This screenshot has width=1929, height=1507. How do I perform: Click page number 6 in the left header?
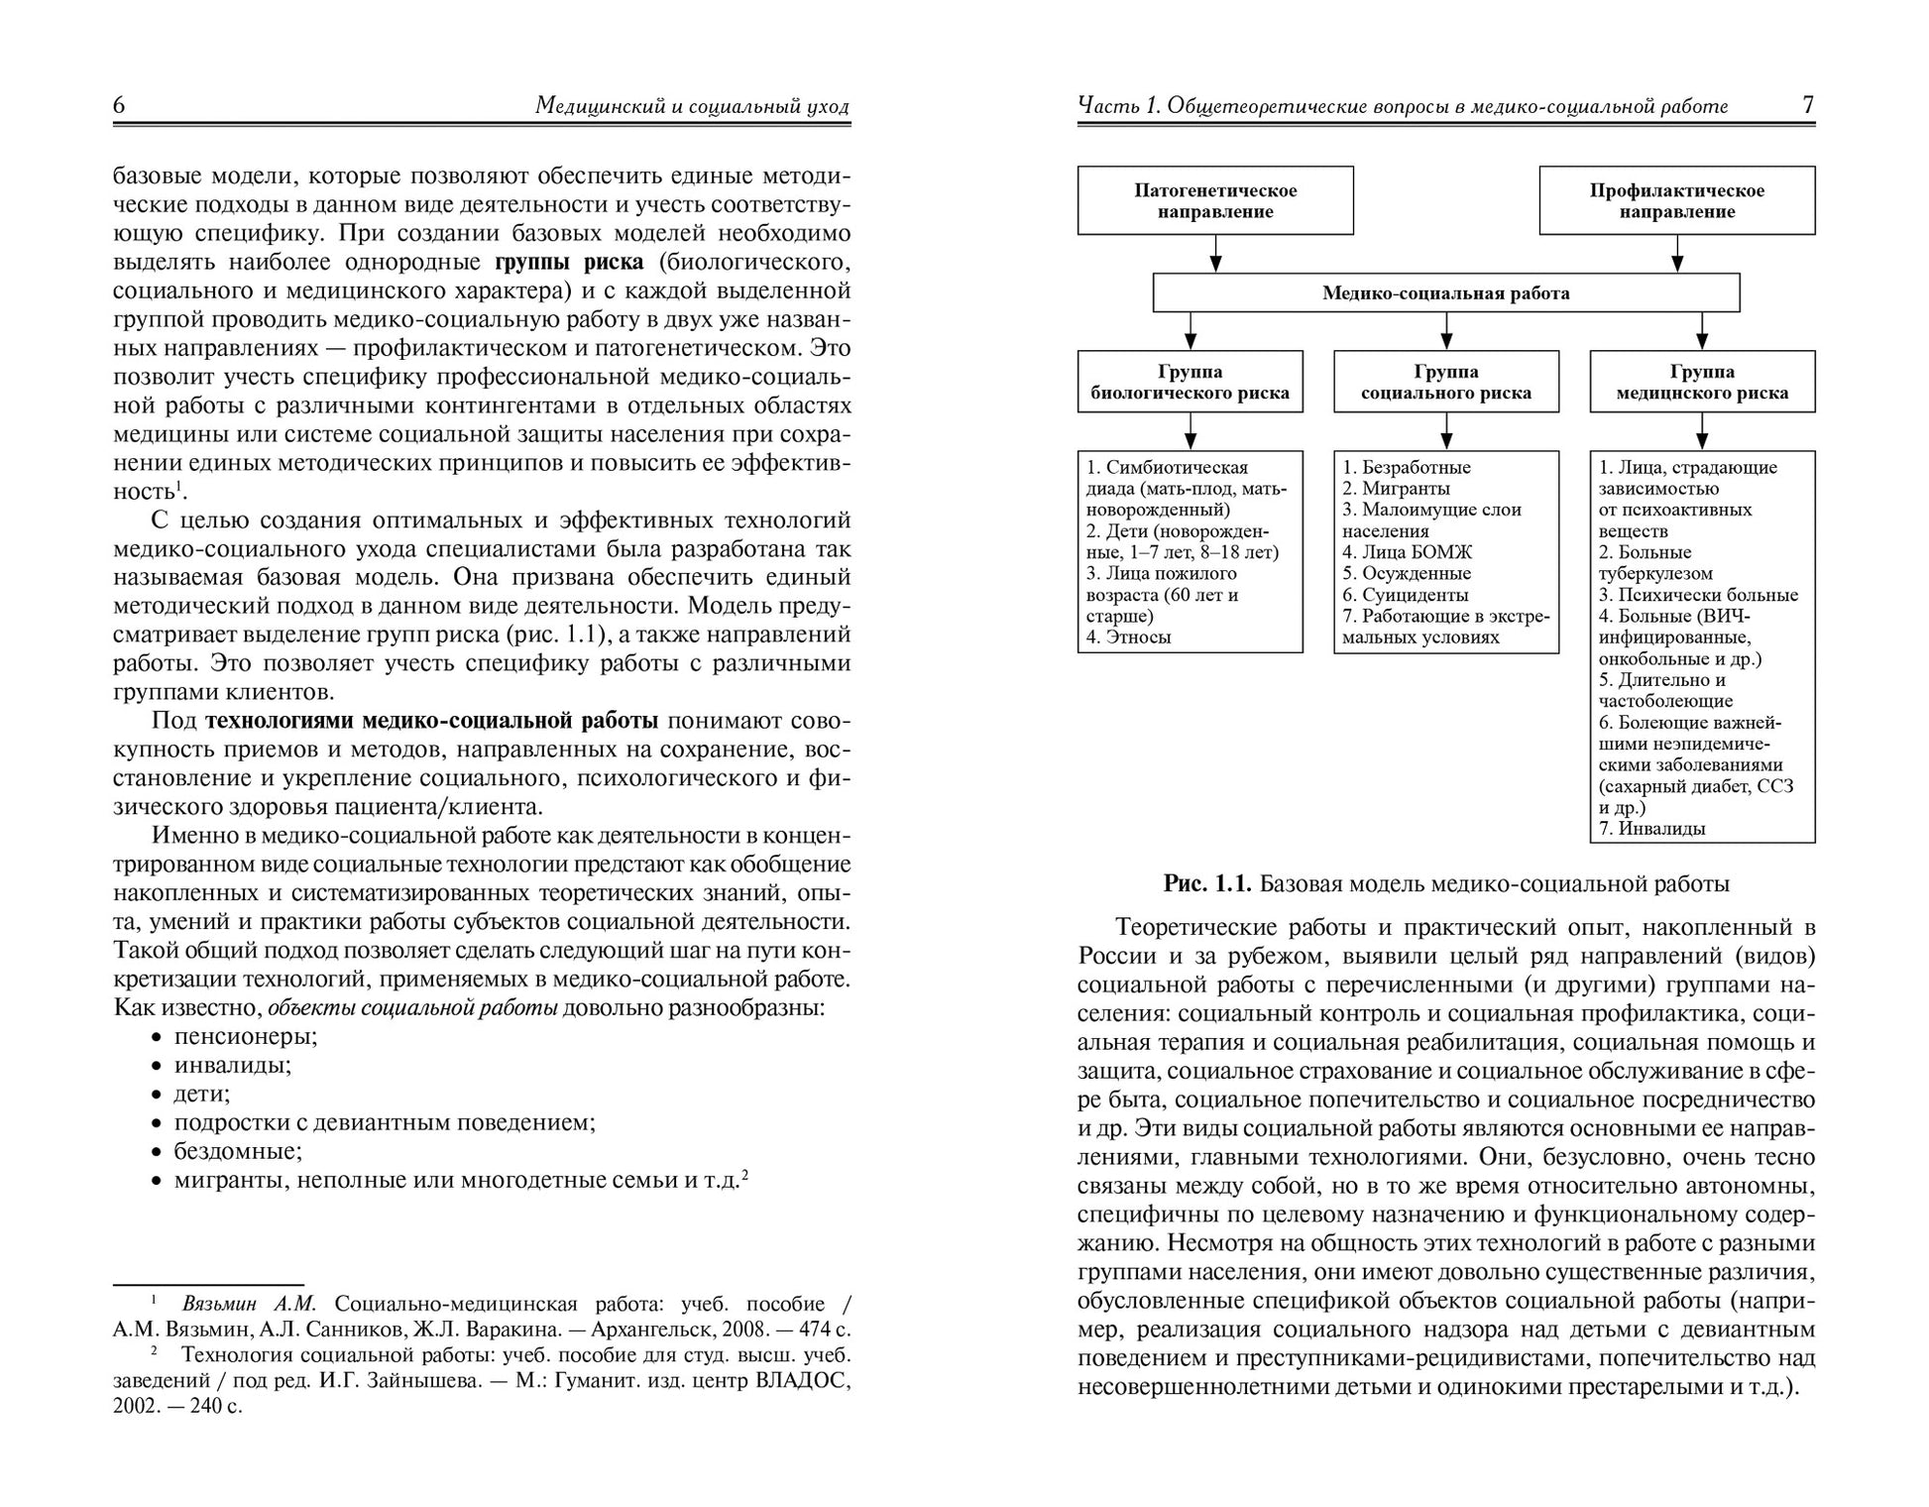point(119,106)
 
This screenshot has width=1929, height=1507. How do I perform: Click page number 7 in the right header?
point(1807,105)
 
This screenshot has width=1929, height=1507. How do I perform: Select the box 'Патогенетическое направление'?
point(1215,200)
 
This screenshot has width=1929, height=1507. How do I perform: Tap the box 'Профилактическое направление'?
point(1676,200)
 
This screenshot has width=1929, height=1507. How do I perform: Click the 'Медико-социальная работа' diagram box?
point(1445,293)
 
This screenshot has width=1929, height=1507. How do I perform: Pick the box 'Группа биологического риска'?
point(1190,382)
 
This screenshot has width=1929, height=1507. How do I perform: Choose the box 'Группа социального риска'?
point(1445,382)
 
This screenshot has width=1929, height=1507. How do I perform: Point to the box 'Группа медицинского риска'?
point(1702,382)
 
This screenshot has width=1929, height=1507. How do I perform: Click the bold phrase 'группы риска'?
point(569,263)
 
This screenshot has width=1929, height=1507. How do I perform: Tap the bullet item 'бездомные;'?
point(238,1152)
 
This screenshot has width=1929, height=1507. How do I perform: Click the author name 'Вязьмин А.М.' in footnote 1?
point(249,1305)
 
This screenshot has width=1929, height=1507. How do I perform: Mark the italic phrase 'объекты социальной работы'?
point(412,1009)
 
